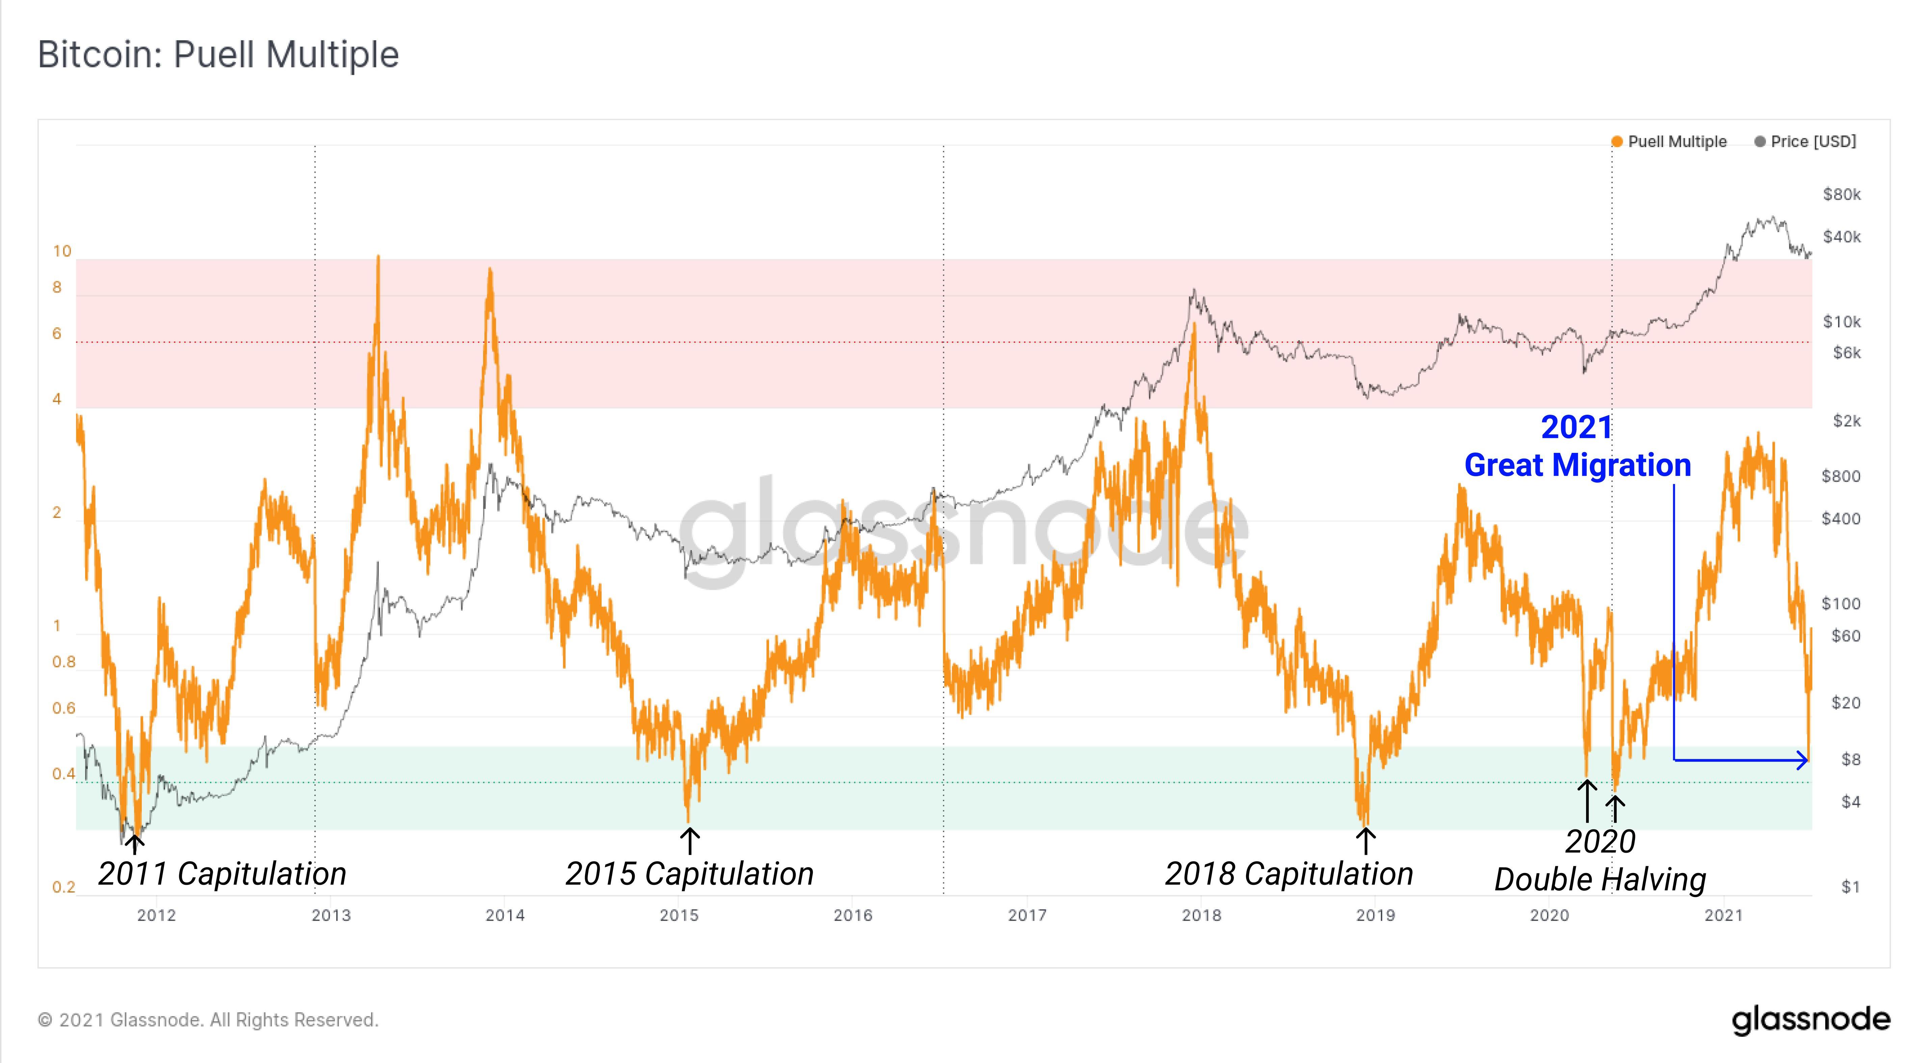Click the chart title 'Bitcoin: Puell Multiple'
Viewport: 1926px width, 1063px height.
(x=218, y=55)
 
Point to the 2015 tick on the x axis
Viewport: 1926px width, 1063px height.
(x=679, y=915)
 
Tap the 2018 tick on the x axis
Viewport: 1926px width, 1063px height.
(x=1202, y=915)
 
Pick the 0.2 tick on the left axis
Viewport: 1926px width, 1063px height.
(x=63, y=887)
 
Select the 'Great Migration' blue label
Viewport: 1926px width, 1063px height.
(x=1578, y=465)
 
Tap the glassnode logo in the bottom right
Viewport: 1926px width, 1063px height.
(x=1811, y=1020)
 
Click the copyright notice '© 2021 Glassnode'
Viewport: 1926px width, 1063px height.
(x=208, y=1020)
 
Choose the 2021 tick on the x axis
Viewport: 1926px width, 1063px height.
(x=1723, y=915)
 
